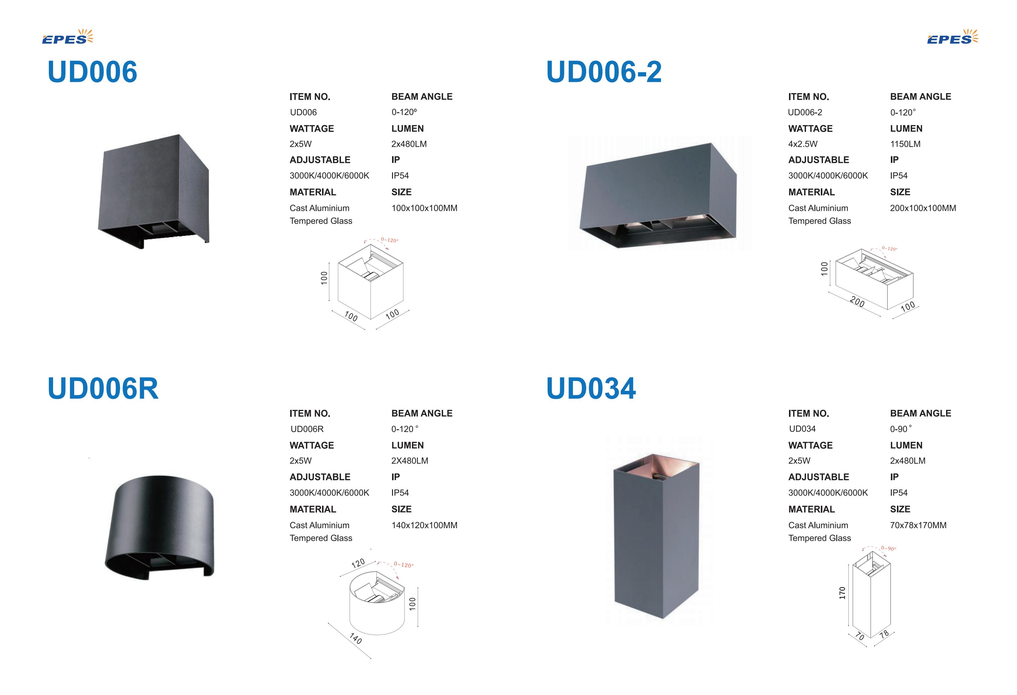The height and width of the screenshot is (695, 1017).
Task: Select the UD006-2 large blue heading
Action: [604, 72]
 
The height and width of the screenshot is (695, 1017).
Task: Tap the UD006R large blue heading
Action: [103, 388]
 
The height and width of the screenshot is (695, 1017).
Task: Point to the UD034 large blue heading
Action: [591, 388]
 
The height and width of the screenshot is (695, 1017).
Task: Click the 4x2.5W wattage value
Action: [803, 144]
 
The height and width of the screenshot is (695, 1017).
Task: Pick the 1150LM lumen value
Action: [905, 144]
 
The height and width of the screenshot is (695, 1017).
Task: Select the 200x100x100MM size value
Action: [923, 208]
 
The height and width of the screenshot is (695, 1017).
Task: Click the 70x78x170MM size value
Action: [918, 525]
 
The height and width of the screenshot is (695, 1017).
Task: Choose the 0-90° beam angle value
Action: [901, 429]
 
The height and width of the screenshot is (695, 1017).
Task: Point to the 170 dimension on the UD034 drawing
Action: [842, 593]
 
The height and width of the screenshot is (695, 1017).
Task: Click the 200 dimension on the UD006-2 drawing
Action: [857, 302]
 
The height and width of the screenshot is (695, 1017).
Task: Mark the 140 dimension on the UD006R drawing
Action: [356, 639]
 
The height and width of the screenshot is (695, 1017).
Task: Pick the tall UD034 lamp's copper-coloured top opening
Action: [656, 466]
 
